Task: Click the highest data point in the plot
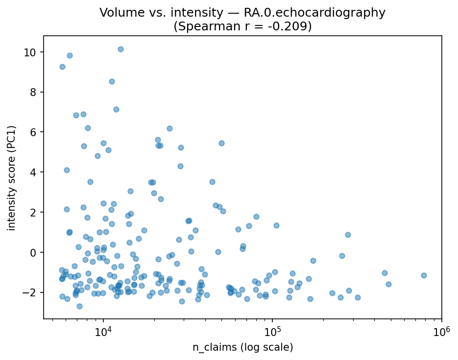click(x=121, y=49)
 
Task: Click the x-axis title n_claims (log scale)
click(x=242, y=347)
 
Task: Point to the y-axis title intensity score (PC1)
click(x=12, y=177)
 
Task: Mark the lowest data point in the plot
click(x=79, y=306)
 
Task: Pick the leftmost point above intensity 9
click(x=62, y=67)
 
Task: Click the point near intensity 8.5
click(x=112, y=81)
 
